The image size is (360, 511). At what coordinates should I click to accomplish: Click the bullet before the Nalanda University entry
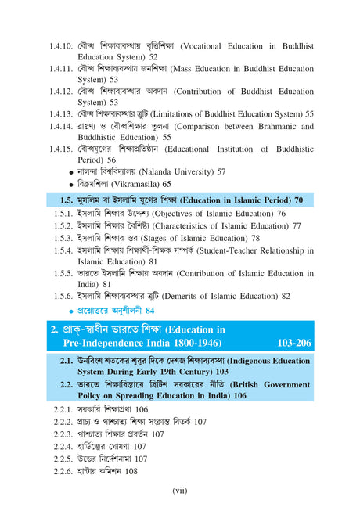click(x=71, y=171)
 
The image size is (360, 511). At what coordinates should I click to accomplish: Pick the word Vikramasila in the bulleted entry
click(x=135, y=184)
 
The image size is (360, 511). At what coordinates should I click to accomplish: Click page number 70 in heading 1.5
click(x=300, y=200)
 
